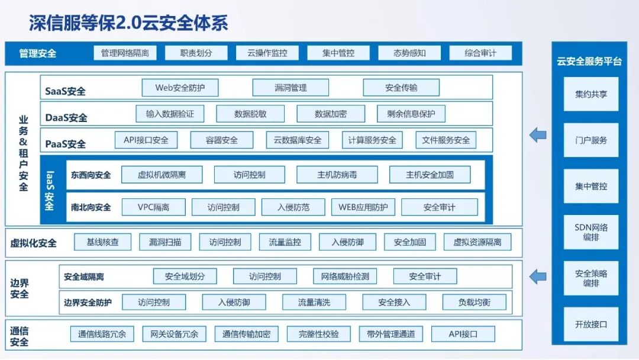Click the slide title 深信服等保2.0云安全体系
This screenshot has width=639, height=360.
point(128,22)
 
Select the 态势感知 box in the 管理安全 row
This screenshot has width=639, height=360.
point(409,53)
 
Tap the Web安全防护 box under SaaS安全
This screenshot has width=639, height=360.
point(180,88)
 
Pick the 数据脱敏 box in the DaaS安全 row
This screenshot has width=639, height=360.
point(250,114)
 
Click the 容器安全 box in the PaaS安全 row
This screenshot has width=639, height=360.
point(222,140)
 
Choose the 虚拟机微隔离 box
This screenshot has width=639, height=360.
point(162,175)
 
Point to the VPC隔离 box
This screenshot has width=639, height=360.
point(153,207)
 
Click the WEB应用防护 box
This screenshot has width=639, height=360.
point(363,207)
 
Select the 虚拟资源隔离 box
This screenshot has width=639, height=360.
point(477,242)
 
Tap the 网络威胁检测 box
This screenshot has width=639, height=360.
point(345,276)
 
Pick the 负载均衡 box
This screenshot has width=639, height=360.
point(475,302)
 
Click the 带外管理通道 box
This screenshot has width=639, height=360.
point(391,334)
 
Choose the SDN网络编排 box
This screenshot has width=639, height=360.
point(591,232)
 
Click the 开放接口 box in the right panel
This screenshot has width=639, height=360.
point(591,324)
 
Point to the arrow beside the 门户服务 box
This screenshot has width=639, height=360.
point(538,136)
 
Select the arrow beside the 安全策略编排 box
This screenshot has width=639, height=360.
point(538,275)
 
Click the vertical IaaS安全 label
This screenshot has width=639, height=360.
point(49,190)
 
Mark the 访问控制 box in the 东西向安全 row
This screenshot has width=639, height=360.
point(249,175)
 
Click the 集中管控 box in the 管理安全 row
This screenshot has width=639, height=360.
point(338,53)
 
